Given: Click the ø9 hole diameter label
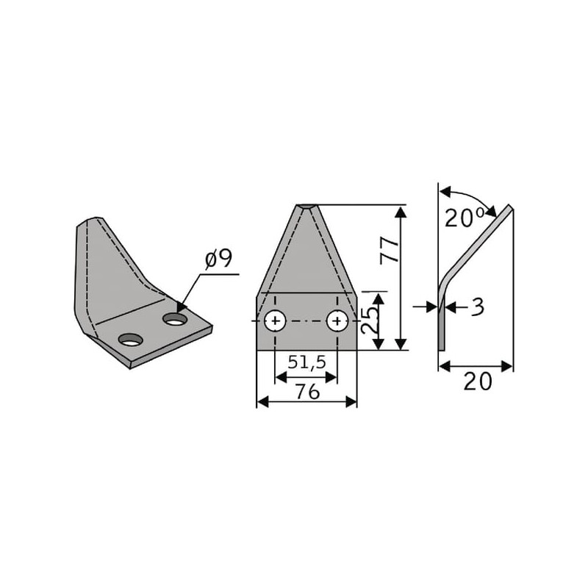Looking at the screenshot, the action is (219, 259).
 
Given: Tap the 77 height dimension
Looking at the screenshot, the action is (390, 251).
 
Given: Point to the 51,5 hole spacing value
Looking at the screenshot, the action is (306, 362).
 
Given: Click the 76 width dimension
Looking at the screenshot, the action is (307, 392).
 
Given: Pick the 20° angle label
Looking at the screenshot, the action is (465, 218).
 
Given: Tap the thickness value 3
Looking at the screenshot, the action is (477, 307).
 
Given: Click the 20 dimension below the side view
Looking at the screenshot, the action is (477, 382).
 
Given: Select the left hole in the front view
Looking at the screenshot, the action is (275, 321).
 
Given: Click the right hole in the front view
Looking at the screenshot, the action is (337, 321).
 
